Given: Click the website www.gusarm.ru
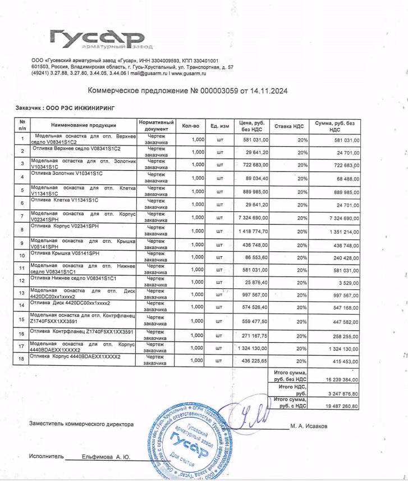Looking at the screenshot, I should pyautogui.click(x=189, y=74).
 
